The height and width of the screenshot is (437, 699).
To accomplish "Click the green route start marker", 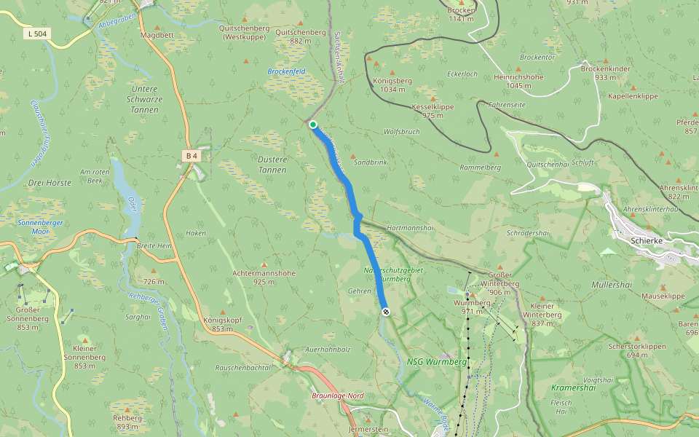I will pos(313,125).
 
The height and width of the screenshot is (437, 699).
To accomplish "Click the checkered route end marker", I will pos(385,312).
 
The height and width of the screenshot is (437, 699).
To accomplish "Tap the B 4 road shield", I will pos(191,155).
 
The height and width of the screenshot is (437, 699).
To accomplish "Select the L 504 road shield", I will pos(37,34).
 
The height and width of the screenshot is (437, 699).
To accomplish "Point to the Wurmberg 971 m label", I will pos(468,307).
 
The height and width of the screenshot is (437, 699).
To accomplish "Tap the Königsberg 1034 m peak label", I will pos(392,85).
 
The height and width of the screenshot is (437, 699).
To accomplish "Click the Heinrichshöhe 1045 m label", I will pos(518,81).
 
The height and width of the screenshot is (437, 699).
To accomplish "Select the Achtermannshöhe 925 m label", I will pos(264,277).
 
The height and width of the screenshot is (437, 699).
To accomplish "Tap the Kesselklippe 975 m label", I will pos(433,111).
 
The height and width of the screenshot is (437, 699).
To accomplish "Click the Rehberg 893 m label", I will pos(127,422).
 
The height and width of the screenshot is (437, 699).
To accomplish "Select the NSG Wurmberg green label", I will pos(436,361).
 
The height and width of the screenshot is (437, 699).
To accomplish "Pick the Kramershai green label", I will pos(574,387).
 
